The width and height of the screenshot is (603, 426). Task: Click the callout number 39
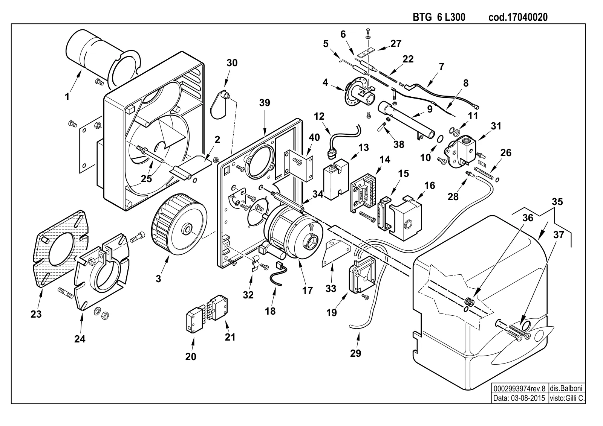point(265,103)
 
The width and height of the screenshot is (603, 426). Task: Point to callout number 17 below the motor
point(308,290)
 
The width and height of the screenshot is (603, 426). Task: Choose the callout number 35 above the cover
point(557,202)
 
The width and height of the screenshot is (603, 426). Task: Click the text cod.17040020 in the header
point(518,17)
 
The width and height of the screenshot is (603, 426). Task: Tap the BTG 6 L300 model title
point(439,17)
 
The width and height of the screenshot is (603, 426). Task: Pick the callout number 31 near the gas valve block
point(496,126)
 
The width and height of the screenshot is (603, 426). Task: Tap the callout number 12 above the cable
point(319,116)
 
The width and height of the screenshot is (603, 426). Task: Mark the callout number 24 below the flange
point(80,339)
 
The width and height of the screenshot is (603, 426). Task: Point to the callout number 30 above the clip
point(232,63)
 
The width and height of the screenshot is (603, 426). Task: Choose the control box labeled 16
point(405,218)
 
